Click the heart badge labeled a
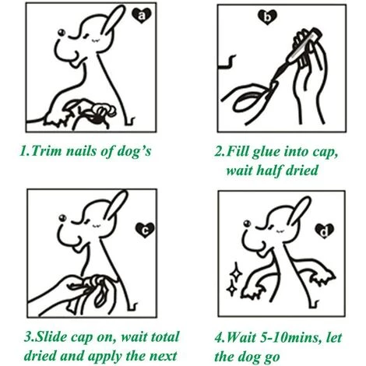tap(141, 16)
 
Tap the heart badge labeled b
tap(267, 17)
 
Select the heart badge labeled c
tap(145, 230)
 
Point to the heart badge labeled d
tap(325, 231)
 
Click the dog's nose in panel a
tap(62, 33)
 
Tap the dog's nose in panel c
tap(62, 218)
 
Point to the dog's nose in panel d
tap(247, 223)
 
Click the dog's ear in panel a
tap(113, 20)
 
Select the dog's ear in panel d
tap(300, 211)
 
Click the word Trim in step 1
tap(47, 151)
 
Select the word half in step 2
tap(269, 171)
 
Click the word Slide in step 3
tap(51, 337)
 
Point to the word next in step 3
tap(164, 356)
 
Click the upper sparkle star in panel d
tap(235, 273)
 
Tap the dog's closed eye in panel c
tap(97, 225)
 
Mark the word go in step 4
tap(272, 357)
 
